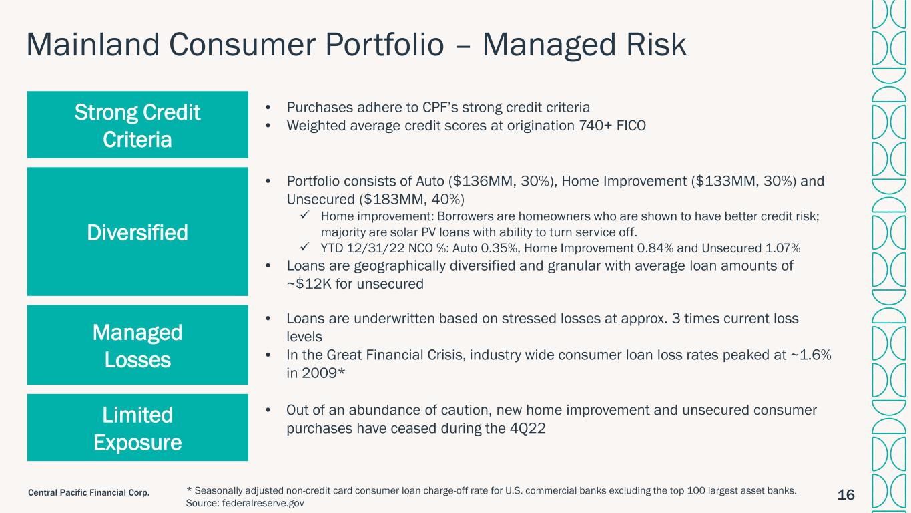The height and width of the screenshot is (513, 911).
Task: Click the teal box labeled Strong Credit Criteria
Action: coord(137,124)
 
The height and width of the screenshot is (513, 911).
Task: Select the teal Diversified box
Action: coord(137,231)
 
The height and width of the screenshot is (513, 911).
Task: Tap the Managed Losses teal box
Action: coord(137,345)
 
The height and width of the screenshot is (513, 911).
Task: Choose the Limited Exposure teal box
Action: coord(137,427)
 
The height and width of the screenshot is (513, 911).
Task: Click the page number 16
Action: coord(846,495)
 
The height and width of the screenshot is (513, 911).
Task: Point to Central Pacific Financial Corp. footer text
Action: coord(89,493)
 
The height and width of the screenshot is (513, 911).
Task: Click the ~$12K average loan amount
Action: coord(309,284)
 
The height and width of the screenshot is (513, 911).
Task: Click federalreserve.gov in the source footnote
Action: coord(263,503)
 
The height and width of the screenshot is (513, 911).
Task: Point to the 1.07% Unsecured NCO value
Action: coord(782,248)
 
